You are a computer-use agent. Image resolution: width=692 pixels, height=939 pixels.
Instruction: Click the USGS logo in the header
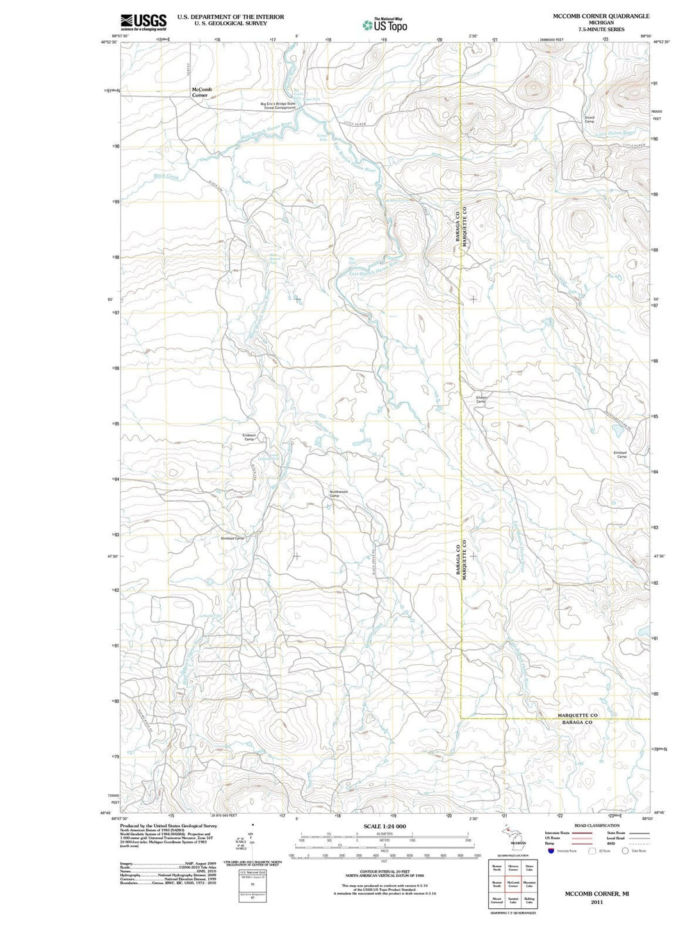[x=144, y=22]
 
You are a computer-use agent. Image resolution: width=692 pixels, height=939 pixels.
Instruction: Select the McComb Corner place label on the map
[x=201, y=92]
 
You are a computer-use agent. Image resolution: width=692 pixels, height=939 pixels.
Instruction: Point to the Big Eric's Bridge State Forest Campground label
[x=277, y=106]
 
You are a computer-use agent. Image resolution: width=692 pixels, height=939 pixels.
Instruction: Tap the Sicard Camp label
[x=589, y=119]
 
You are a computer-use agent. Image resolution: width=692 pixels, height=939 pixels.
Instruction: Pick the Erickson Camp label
[x=249, y=437]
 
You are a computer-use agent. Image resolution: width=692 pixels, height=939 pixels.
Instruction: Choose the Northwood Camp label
[x=338, y=494]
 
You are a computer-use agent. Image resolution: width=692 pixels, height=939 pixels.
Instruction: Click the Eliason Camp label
[x=481, y=399]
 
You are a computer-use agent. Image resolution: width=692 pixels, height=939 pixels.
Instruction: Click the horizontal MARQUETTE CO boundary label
[x=577, y=715]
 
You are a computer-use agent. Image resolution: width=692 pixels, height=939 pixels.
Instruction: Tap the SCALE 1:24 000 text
[x=385, y=826]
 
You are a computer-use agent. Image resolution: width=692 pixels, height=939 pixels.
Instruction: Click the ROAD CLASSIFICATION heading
[x=597, y=826]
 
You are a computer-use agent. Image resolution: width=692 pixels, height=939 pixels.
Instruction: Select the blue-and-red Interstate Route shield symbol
[x=550, y=851]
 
